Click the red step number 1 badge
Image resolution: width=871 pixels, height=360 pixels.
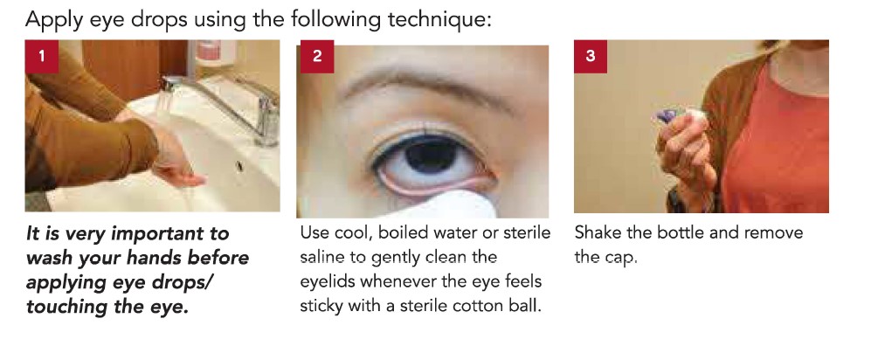click(x=42, y=56)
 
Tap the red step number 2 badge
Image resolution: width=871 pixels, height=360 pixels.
click(x=317, y=56)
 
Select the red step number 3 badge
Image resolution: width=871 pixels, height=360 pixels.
click(x=591, y=56)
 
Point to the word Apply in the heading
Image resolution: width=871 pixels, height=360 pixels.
click(x=53, y=21)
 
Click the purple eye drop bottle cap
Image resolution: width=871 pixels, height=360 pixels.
click(x=666, y=115)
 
